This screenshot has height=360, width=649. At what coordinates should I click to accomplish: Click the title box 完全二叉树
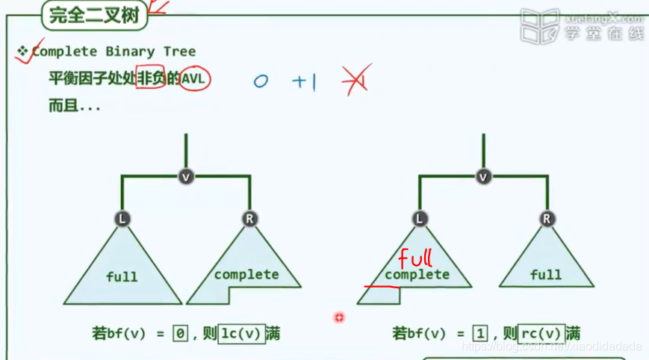[94, 16]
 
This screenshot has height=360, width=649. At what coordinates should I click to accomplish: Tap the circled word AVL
[195, 78]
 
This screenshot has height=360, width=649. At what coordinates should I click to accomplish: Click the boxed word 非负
[150, 78]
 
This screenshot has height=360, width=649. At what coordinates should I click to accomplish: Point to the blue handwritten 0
[260, 81]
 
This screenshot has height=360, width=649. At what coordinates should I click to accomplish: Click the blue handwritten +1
[304, 81]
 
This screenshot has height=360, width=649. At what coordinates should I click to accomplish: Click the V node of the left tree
[186, 176]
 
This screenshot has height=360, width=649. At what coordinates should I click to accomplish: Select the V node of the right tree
[484, 176]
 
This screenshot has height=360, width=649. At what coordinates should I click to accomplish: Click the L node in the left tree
[122, 218]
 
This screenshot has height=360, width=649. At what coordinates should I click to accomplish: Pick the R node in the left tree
[249, 218]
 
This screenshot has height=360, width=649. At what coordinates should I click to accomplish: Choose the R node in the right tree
[547, 218]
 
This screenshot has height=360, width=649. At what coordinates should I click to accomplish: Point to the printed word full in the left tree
[122, 276]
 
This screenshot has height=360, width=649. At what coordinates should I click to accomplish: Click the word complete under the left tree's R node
[246, 274]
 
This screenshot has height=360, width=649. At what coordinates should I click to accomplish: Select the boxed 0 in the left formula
[180, 334]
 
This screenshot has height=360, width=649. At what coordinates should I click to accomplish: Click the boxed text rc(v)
[541, 334]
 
